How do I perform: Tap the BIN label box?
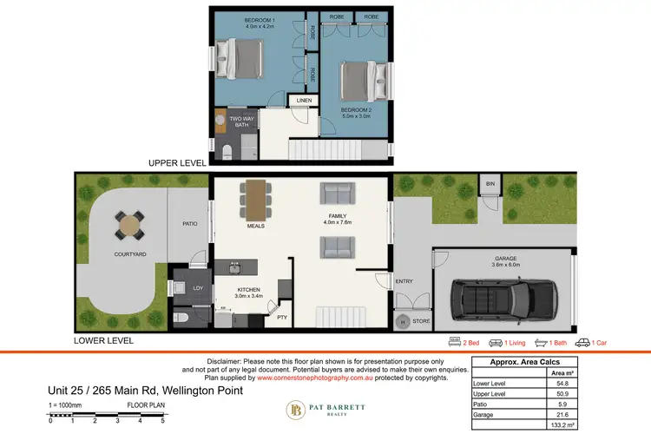[490, 185]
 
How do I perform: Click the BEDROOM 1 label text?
[260, 19]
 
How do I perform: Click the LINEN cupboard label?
[303, 101]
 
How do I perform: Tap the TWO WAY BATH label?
[240, 122]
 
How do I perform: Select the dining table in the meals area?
[254, 200]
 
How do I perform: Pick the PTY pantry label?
[281, 318]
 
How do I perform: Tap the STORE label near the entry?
[420, 322]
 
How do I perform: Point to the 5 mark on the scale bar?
[162, 420]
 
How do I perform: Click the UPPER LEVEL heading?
[176, 162]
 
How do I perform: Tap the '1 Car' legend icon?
[583, 343]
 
